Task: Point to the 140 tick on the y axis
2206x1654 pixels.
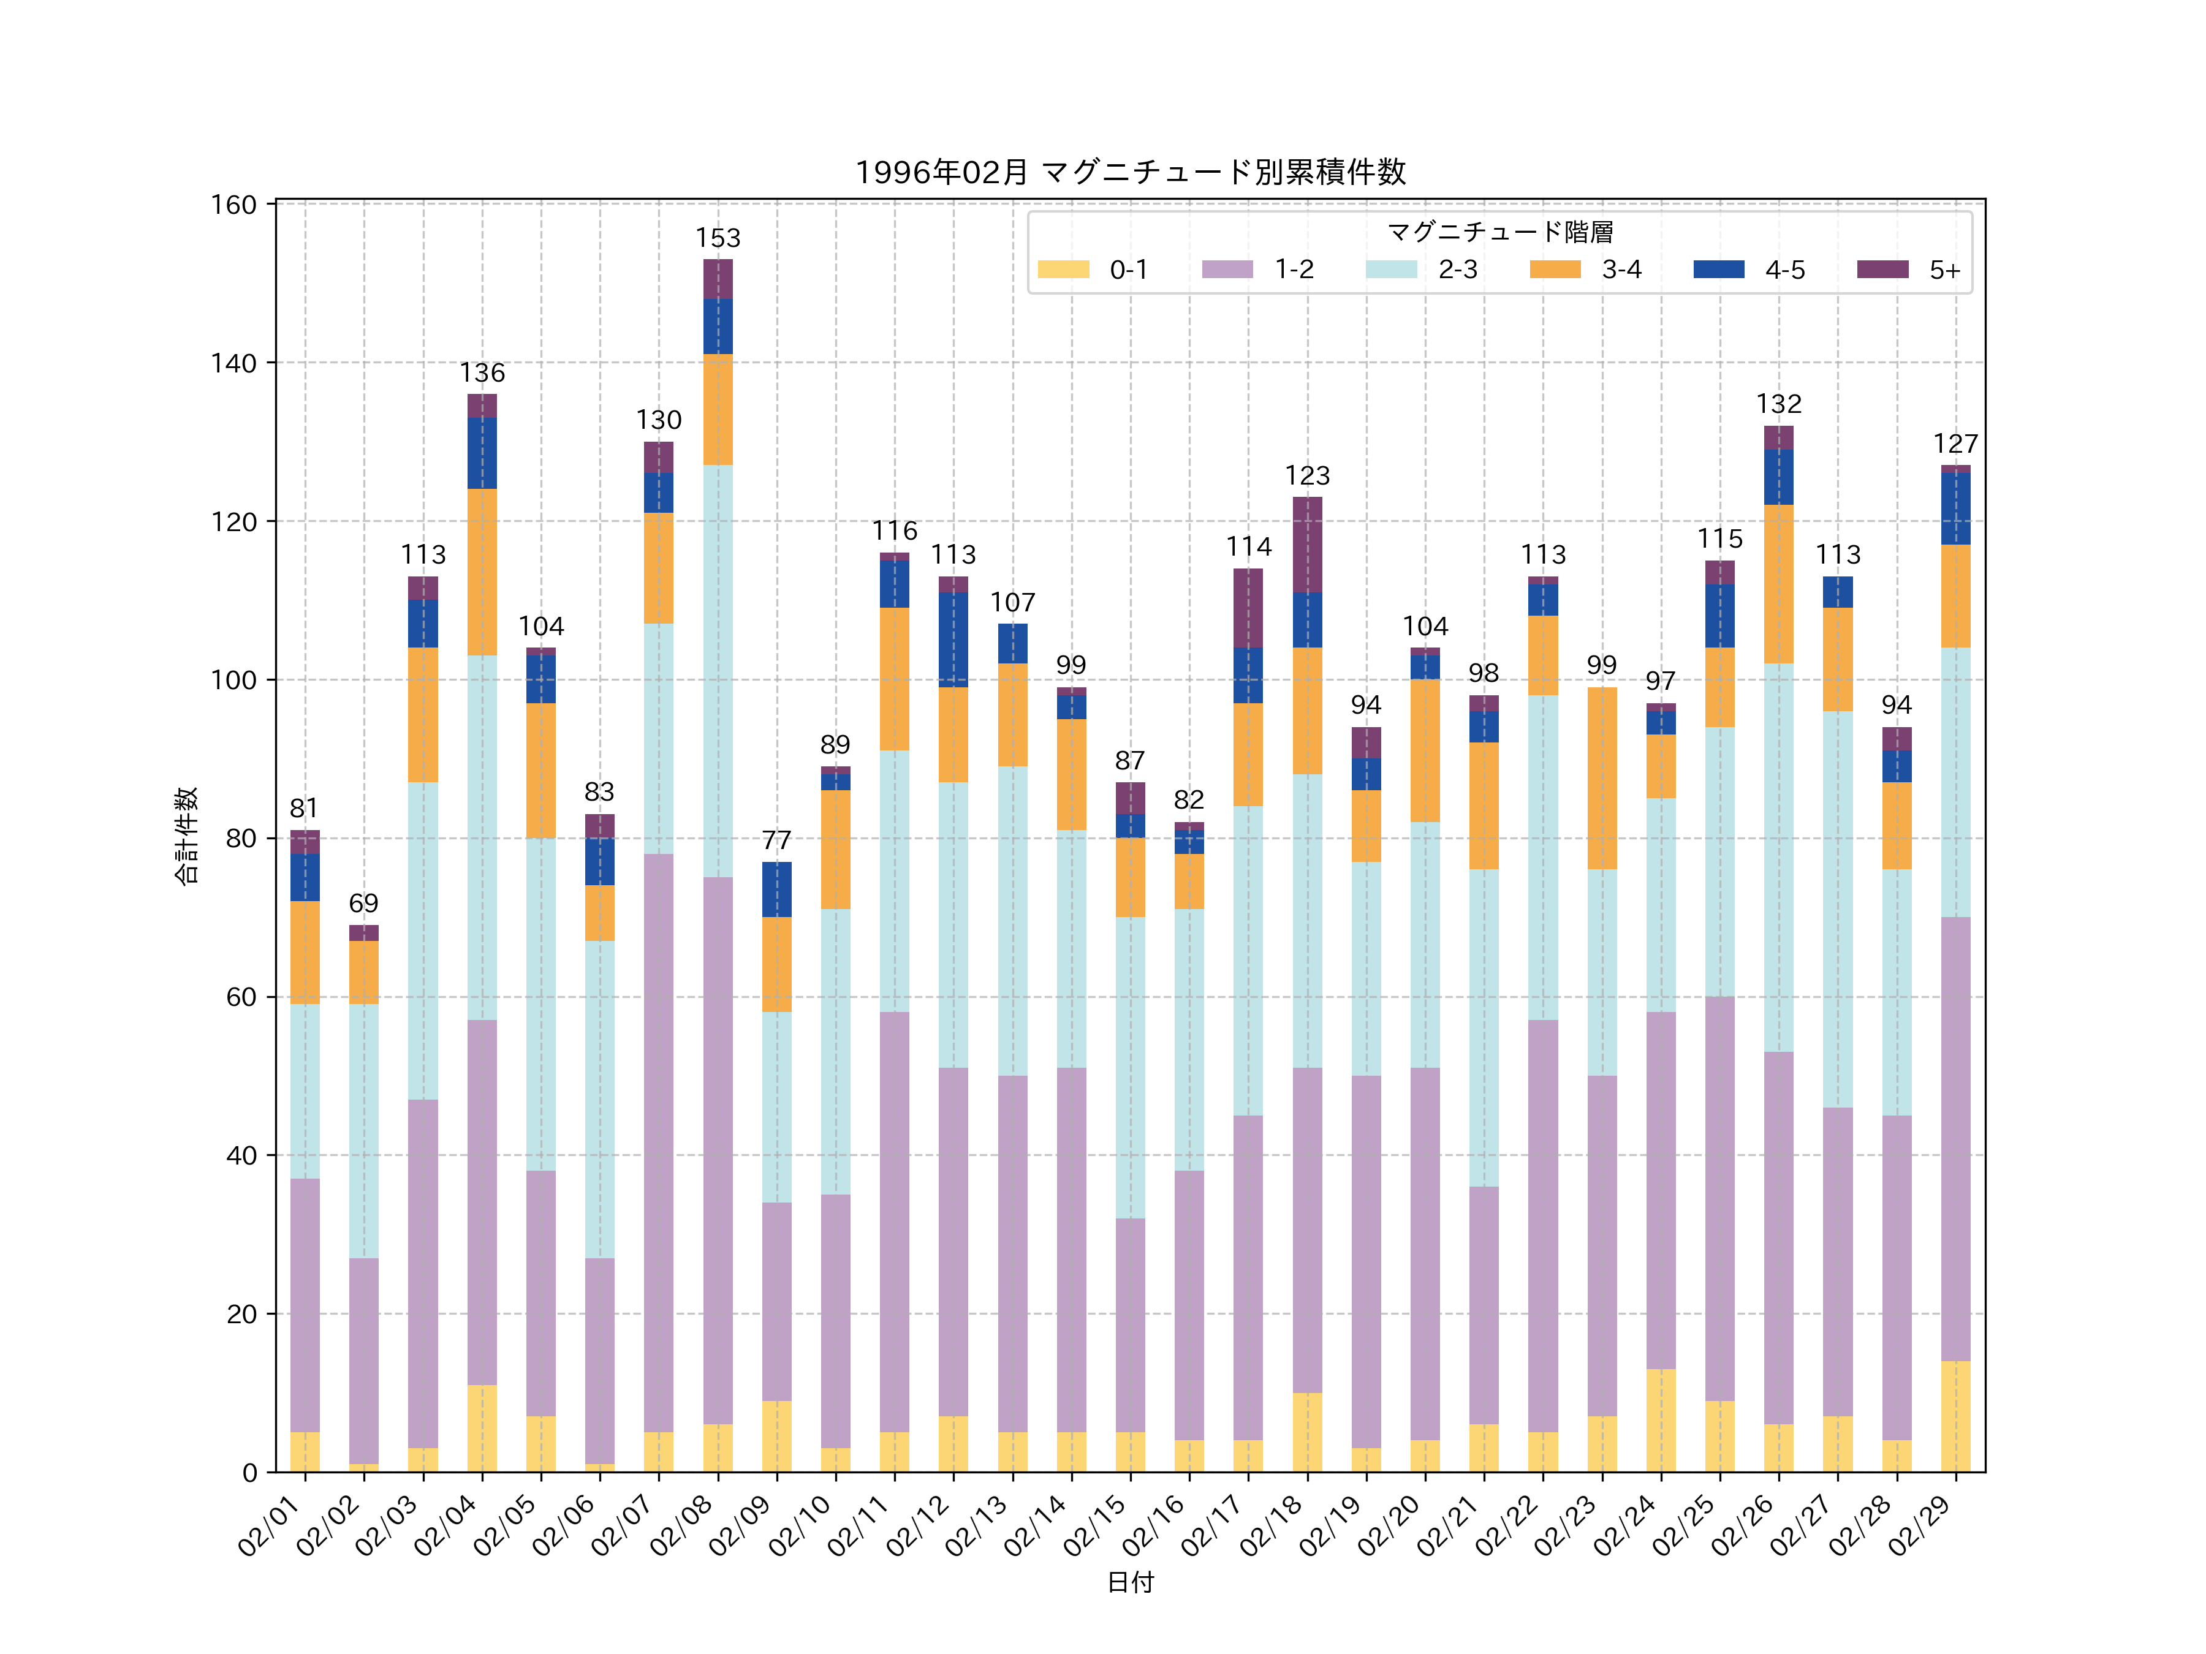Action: pos(233,363)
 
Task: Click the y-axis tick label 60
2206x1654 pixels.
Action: pos(240,997)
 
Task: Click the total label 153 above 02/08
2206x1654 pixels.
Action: pos(718,238)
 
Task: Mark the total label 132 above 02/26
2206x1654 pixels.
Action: pos(1778,404)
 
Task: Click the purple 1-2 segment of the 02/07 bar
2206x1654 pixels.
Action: pos(658,1142)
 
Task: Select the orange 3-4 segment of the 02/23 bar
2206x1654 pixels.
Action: pos(1602,777)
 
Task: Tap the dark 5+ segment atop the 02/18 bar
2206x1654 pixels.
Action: pos(1308,545)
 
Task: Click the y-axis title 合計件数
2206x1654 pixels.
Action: pos(186,836)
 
